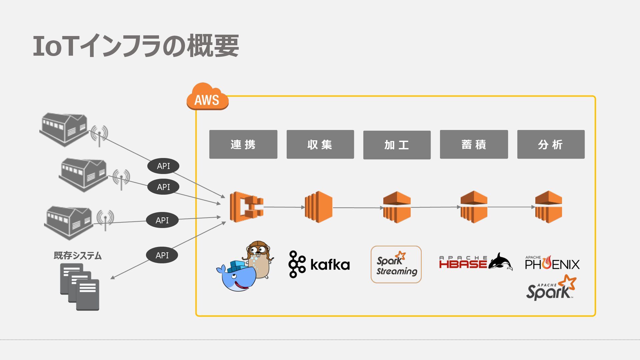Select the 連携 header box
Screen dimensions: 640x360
pyautogui.click(x=243, y=144)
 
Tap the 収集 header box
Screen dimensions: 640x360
pyautogui.click(x=320, y=144)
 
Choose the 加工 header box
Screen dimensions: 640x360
pyautogui.click(x=397, y=145)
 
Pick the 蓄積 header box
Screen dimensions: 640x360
pyautogui.click(x=474, y=144)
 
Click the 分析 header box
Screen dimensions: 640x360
pyautogui.click(x=551, y=144)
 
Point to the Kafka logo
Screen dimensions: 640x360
pyautogui.click(x=319, y=264)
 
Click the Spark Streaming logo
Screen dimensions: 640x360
pyautogui.click(x=396, y=264)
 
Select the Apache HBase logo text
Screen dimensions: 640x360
pyautogui.click(x=463, y=262)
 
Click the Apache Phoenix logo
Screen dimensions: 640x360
pyautogui.click(x=552, y=263)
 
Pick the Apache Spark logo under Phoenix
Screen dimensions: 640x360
pyautogui.click(x=551, y=287)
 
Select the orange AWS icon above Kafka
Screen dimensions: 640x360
pyautogui.click(x=319, y=207)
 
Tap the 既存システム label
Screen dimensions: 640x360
pyautogui.click(x=78, y=256)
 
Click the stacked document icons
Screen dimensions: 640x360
pyautogui.click(x=80, y=287)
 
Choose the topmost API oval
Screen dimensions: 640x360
pyautogui.click(x=163, y=166)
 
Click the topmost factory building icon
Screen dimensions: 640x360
pyautogui.click(x=64, y=129)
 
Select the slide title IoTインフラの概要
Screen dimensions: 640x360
pyautogui.click(x=136, y=46)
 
